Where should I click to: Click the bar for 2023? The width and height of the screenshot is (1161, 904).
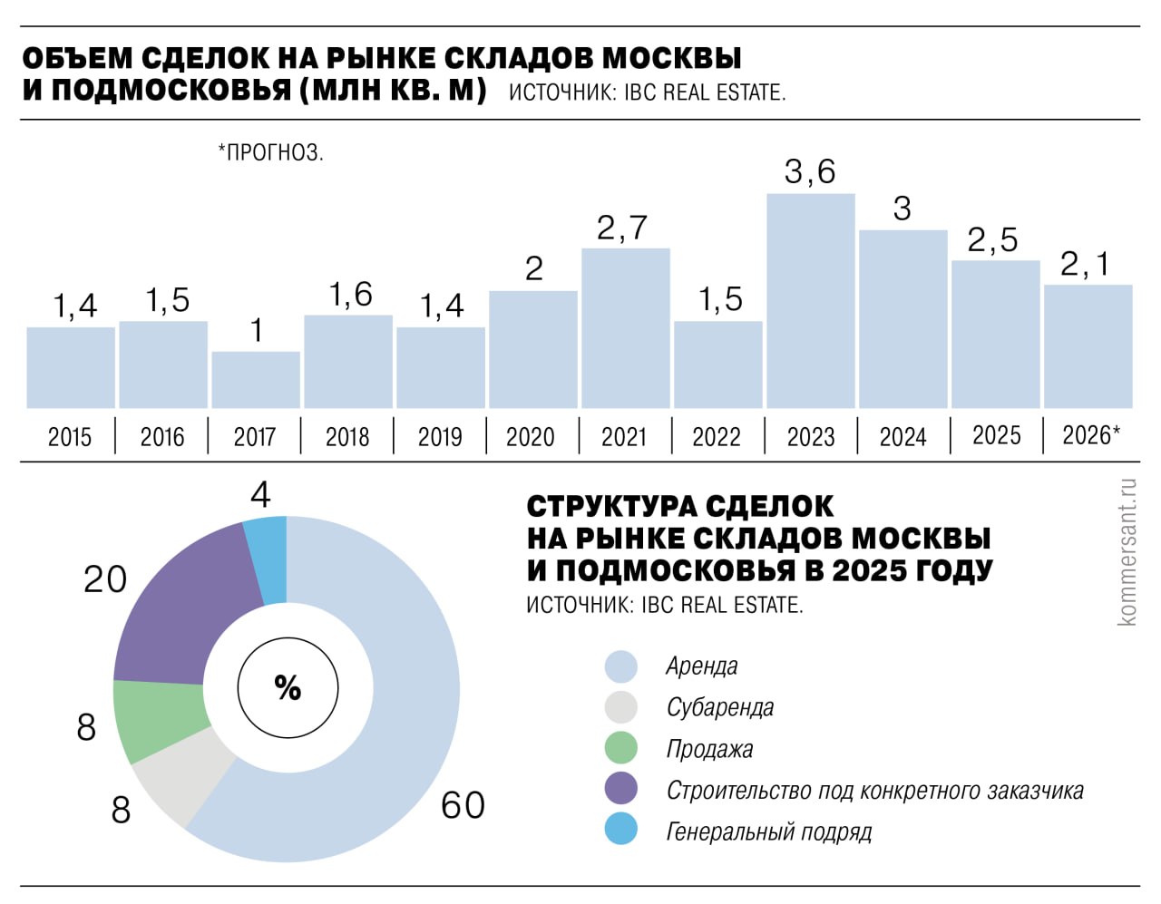pos(810,301)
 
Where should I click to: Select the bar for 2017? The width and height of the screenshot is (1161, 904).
pos(256,380)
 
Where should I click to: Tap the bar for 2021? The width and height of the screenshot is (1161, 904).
pos(625,328)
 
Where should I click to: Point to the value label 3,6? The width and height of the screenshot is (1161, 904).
pos(809,171)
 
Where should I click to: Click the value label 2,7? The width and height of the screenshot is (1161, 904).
pos(622,228)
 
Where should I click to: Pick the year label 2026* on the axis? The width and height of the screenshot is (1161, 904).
pos(1090,435)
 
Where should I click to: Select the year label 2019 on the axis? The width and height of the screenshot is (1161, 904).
pos(440,437)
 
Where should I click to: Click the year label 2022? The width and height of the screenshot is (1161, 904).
pos(717,437)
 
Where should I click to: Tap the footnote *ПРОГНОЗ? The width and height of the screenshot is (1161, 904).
pos(270,152)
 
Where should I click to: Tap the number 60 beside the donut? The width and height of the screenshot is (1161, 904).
pos(463,805)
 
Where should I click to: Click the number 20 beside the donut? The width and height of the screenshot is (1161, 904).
pos(105,579)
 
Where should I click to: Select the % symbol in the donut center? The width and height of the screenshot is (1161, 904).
pos(288,688)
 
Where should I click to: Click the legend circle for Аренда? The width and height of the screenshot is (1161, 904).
pos(621,666)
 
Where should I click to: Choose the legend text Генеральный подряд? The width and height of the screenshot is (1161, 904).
pos(768,831)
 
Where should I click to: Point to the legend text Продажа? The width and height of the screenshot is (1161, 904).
pos(709,749)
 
